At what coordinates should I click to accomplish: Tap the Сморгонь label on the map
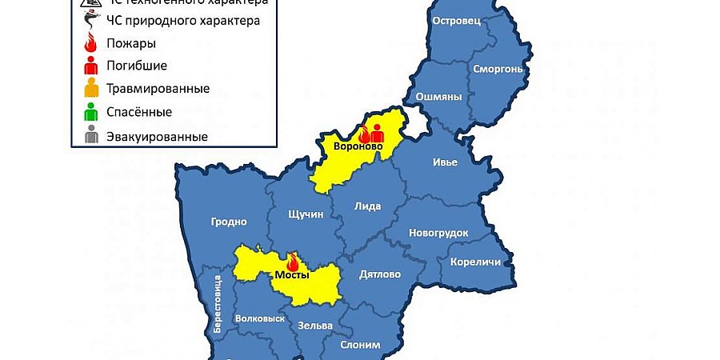(x=498, y=69)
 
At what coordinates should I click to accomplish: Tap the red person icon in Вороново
(x=377, y=132)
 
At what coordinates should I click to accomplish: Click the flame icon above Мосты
(x=292, y=262)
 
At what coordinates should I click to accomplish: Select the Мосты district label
(x=292, y=274)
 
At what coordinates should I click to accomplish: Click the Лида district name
(x=368, y=206)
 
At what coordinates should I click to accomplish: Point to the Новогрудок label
(x=438, y=233)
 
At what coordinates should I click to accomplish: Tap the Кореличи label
(x=475, y=262)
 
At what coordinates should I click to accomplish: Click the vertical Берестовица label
(x=216, y=305)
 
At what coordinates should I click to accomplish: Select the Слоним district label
(x=360, y=345)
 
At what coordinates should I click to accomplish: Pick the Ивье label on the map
(x=445, y=162)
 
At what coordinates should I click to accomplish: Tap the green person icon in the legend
(x=92, y=111)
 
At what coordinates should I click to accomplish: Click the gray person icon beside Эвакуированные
(x=92, y=135)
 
